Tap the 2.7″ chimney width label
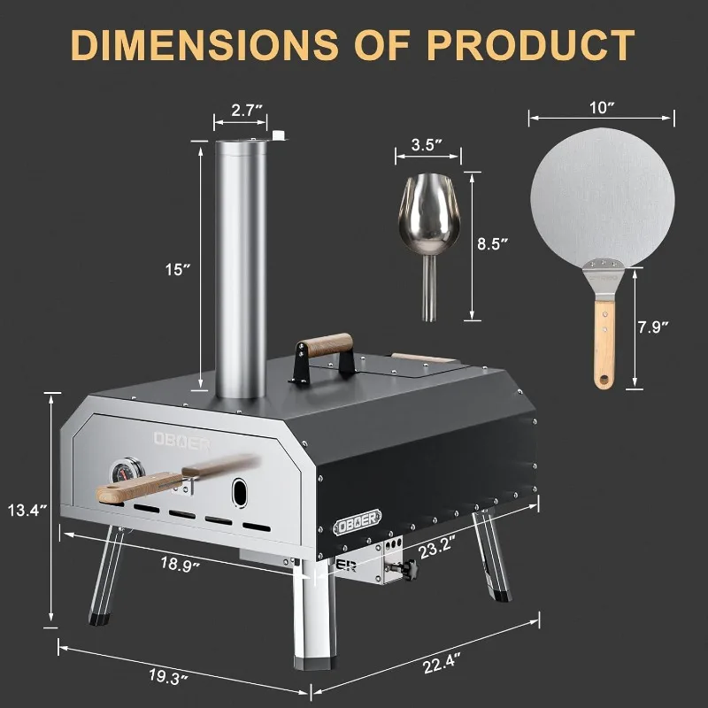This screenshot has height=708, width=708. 240,111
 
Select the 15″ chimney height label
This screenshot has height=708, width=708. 179,269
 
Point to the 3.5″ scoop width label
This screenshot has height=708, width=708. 427,144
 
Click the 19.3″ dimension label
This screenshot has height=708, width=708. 168,678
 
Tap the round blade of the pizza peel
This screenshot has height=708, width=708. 602,195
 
